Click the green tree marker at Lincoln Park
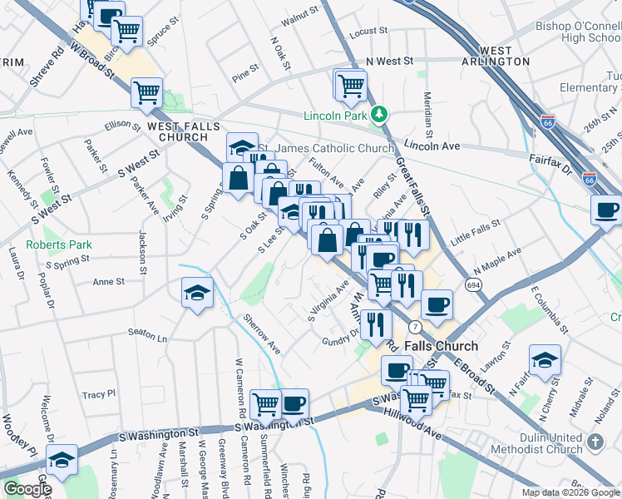380,114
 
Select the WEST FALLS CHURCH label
177,131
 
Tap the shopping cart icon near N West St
351,83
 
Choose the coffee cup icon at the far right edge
606,210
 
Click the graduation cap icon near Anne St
197,292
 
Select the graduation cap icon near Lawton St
544,358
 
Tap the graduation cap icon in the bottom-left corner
62,459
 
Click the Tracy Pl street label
99,393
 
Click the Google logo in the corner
27,489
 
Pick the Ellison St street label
123,125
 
